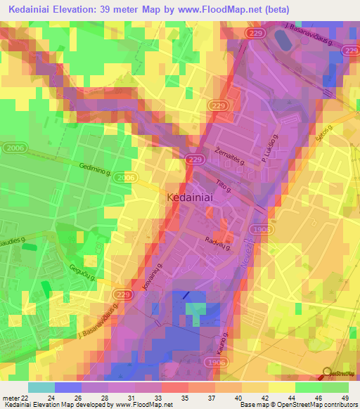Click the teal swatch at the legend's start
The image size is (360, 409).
[x=41, y=387]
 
